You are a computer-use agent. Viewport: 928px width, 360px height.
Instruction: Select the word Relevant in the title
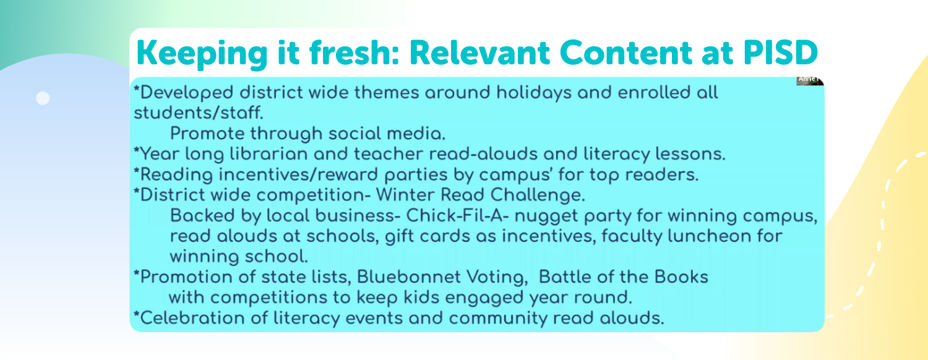[x=479, y=53]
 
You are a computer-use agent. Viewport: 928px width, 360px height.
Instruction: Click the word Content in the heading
[x=625, y=53]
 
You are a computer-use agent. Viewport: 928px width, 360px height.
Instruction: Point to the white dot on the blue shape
[x=43, y=98]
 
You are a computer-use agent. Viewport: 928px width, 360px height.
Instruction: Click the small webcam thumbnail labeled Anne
[x=810, y=80]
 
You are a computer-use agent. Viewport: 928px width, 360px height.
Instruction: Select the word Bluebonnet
[x=408, y=276]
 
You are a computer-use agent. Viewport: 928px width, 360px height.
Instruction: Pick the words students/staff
[x=199, y=113]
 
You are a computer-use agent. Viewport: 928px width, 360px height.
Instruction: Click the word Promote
[x=205, y=134]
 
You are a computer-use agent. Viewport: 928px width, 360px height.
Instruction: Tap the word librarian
[x=269, y=154]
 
